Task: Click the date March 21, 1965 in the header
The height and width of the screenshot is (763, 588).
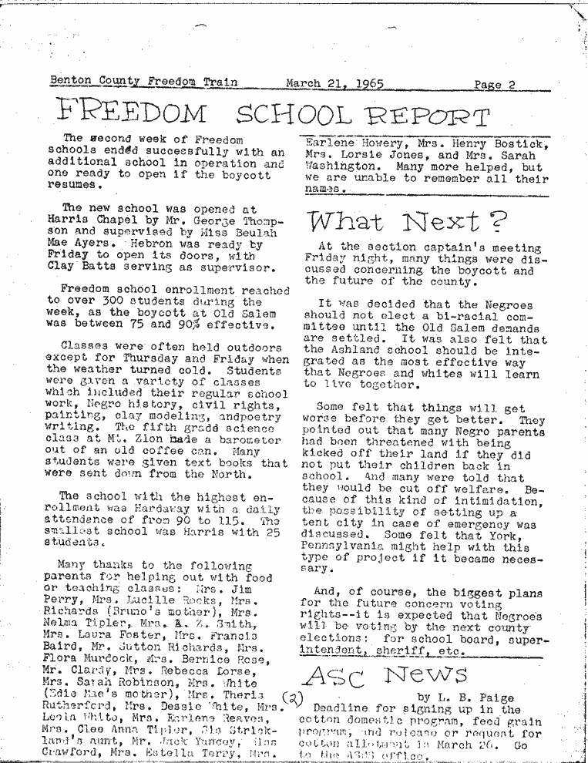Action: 334,83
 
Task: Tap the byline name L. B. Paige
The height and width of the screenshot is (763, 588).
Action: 479,697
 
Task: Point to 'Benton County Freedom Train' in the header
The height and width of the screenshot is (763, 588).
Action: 143,82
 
